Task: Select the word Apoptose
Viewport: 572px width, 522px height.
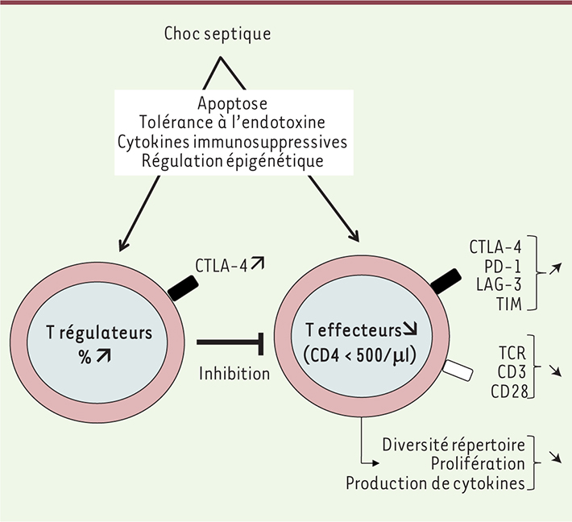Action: [x=232, y=103]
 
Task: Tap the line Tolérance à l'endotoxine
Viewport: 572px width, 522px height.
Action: [x=232, y=122]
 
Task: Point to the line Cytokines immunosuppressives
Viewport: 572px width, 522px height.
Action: [x=232, y=142]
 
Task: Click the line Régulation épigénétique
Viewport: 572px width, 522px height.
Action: [x=232, y=160]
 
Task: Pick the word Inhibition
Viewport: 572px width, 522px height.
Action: [x=234, y=373]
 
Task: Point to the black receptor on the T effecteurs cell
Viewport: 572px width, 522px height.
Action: [x=446, y=278]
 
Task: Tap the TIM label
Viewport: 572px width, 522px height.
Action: [x=510, y=304]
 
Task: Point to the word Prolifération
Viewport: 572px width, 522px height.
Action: [x=478, y=464]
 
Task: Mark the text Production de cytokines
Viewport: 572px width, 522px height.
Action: [x=435, y=483]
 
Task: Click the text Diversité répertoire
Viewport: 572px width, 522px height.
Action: [x=454, y=445]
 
